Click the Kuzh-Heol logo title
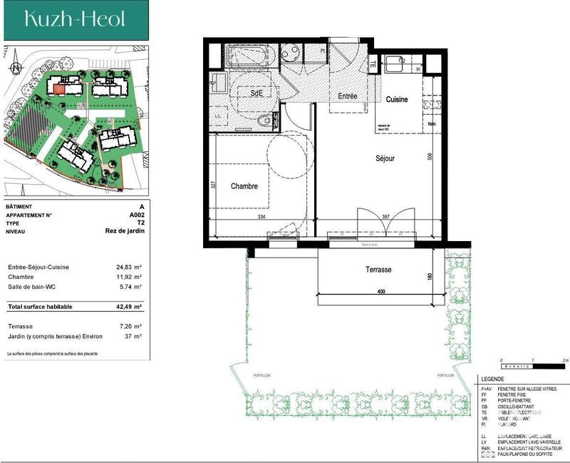[x=65, y=19]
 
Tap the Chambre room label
[x=244, y=186]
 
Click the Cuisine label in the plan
[x=397, y=100]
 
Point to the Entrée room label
[x=347, y=96]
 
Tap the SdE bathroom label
[x=255, y=93]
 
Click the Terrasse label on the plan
[x=378, y=270]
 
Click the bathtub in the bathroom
[x=249, y=55]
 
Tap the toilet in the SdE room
[x=266, y=121]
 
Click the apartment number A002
[x=136, y=215]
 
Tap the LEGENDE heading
[x=492, y=380]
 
